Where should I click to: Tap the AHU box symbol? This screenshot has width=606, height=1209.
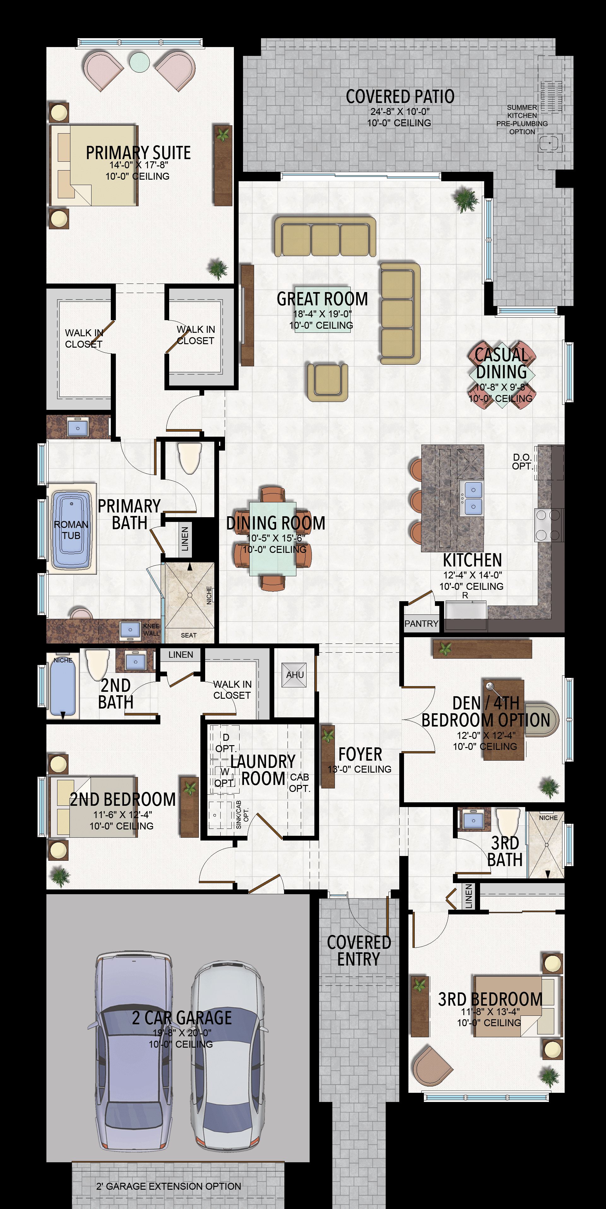point(294,675)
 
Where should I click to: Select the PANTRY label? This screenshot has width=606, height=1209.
point(421,623)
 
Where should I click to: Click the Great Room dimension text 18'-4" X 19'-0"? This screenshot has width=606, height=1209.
point(322,314)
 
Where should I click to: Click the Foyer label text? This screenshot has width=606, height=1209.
point(360,754)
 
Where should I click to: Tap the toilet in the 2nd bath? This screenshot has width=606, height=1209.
point(97,664)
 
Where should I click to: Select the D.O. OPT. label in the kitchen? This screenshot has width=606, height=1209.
point(522,461)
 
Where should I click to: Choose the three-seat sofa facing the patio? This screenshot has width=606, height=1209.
point(325,236)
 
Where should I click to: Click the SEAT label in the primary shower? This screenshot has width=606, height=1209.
point(188,635)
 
